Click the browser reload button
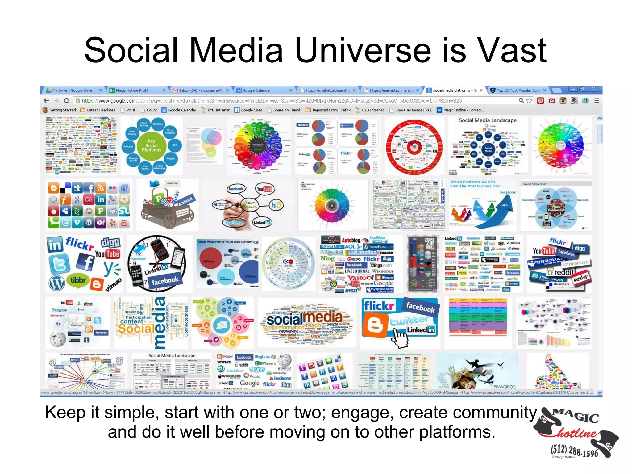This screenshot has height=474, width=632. point(66,101)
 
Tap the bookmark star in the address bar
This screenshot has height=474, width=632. point(530,101)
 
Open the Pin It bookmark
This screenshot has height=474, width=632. point(131,110)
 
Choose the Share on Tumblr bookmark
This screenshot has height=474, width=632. point(287,110)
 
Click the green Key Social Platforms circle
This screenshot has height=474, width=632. point(151,145)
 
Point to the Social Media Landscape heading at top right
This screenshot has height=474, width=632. point(488,120)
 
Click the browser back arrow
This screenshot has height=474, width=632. point(47,101)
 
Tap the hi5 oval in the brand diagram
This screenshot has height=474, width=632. point(276,205)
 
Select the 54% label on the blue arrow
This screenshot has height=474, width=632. point(504,205)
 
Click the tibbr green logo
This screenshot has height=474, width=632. point(78,280)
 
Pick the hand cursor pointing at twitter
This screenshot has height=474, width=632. point(400,338)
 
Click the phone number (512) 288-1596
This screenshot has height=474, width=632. point(574,451)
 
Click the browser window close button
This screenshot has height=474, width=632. point(593,89)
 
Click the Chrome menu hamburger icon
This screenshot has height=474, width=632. point(597,101)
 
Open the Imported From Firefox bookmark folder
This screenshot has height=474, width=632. point(331,110)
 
